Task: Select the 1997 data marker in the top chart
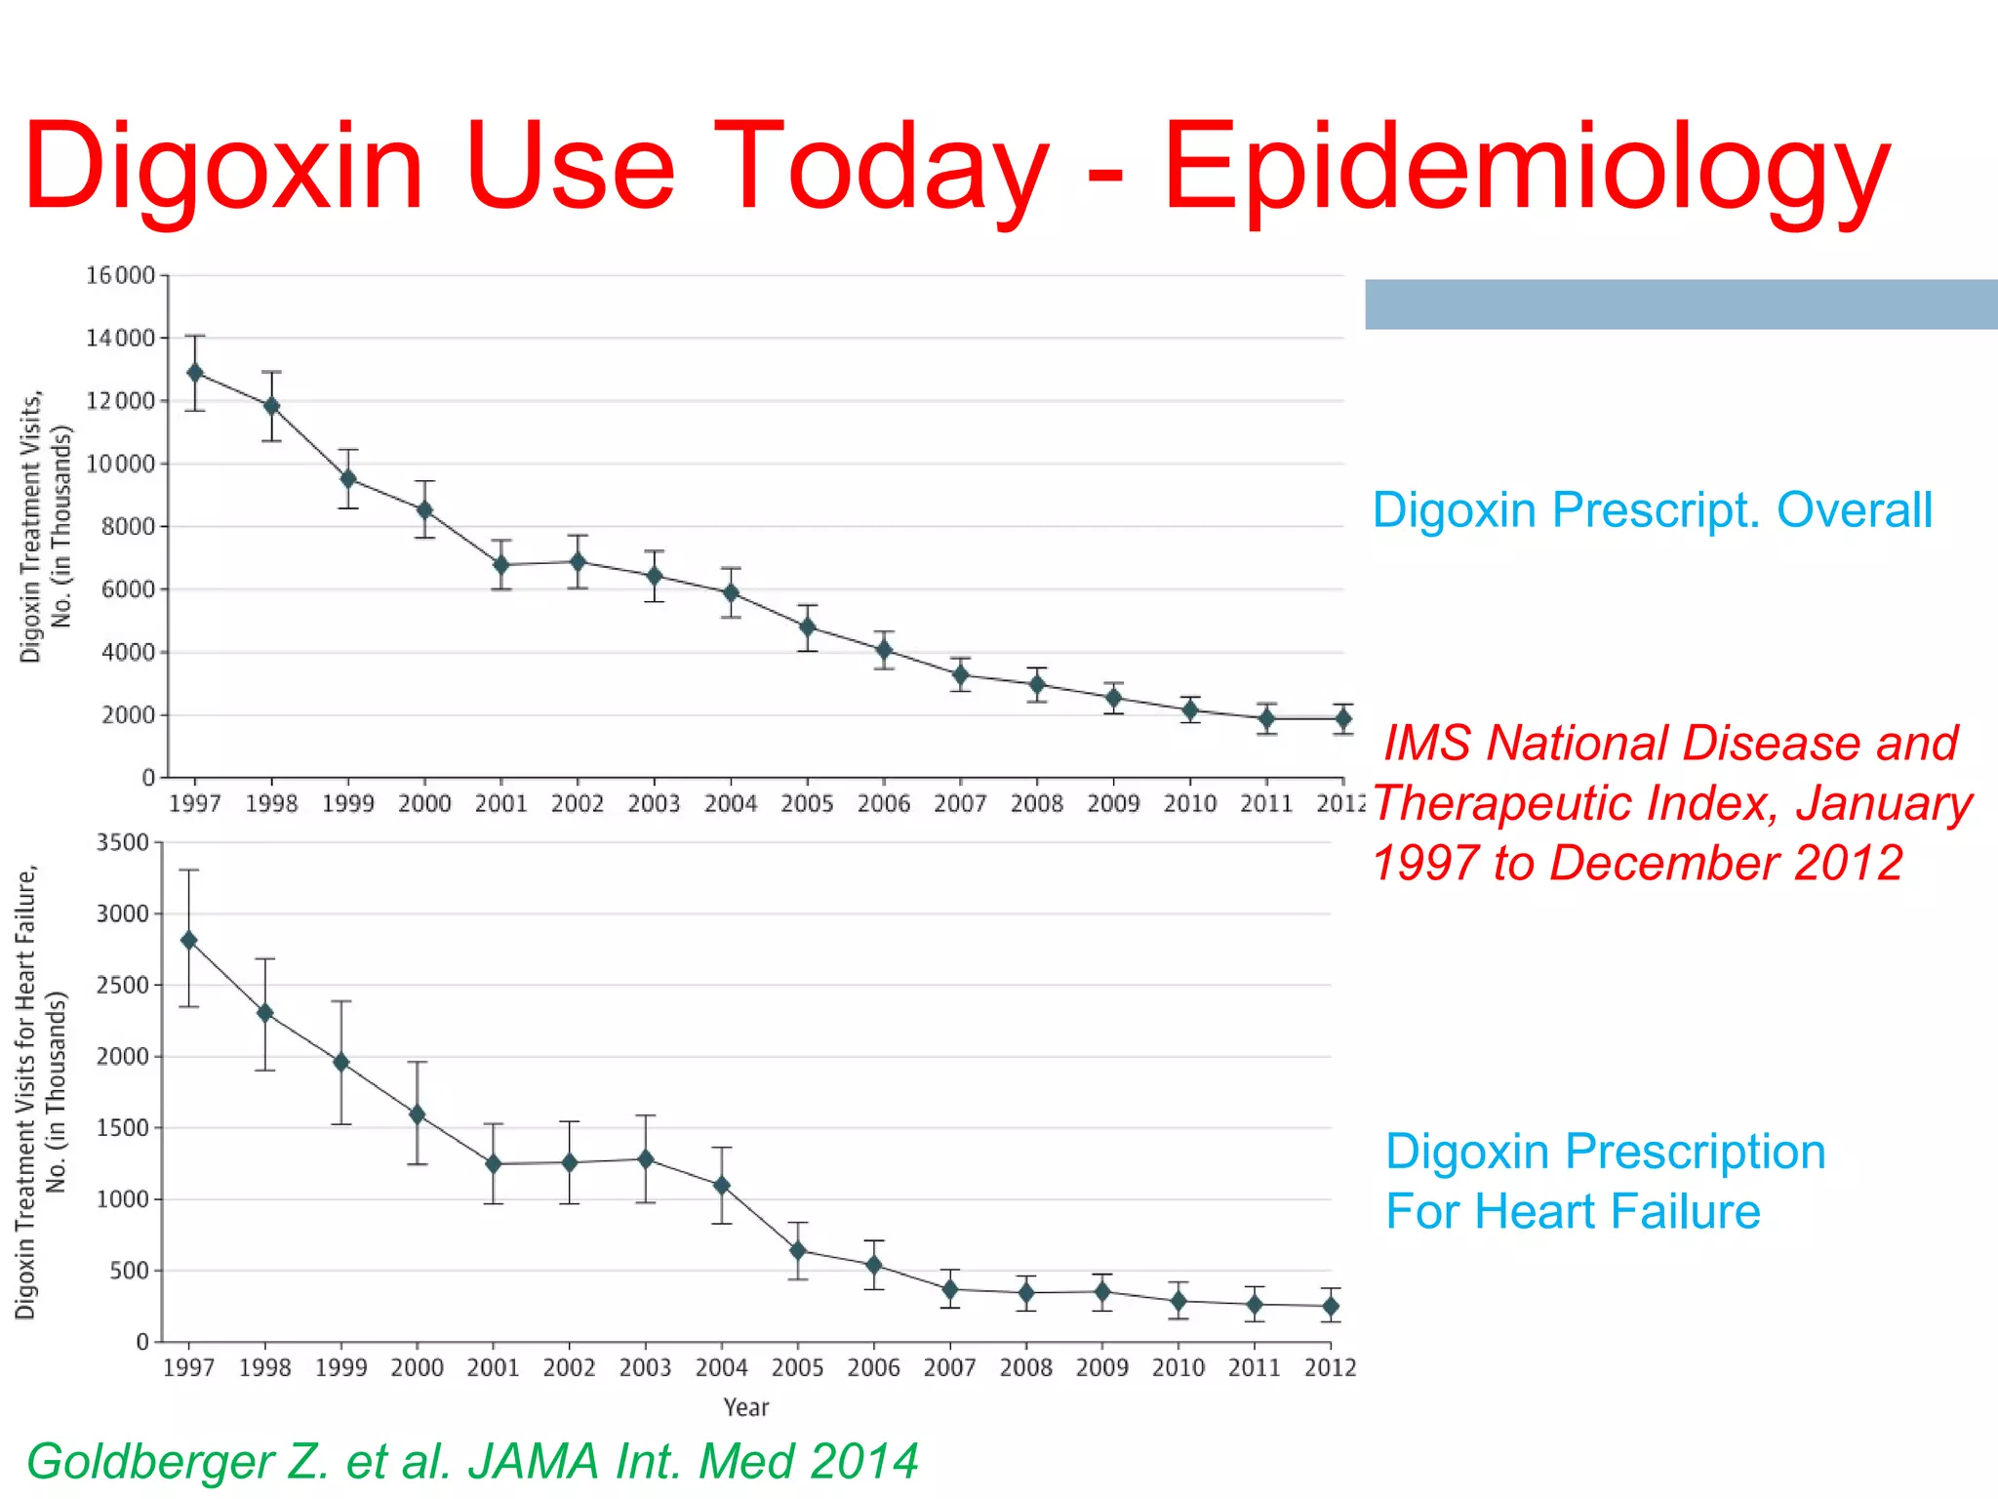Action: tap(195, 373)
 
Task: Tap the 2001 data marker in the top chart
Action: tap(501, 565)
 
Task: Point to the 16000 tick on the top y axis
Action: tap(121, 276)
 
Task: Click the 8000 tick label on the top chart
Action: tap(128, 527)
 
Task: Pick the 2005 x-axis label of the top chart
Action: tap(807, 804)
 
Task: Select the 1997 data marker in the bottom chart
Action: tap(189, 941)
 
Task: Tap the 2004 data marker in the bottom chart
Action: tap(722, 1186)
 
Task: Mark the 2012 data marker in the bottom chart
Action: tap(1331, 1306)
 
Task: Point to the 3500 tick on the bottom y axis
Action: tap(123, 843)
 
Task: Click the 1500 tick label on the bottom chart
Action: tap(123, 1128)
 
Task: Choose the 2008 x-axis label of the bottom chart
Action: tap(1025, 1368)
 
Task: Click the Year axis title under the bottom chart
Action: tap(746, 1407)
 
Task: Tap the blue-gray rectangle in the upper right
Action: tap(1680, 304)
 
